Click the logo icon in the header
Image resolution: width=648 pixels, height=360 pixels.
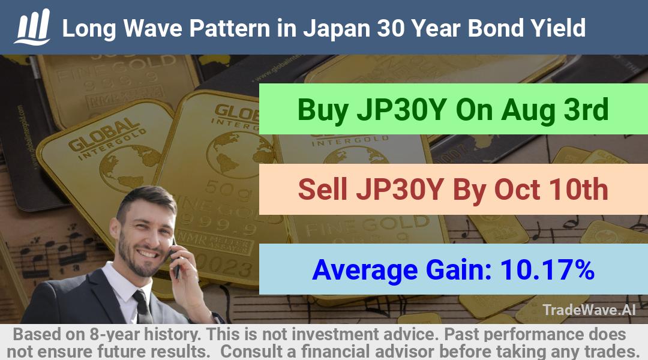click(32, 27)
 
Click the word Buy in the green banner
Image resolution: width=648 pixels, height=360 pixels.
click(322, 110)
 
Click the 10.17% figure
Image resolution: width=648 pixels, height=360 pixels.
click(547, 269)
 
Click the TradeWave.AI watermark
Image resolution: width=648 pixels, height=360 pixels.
click(589, 310)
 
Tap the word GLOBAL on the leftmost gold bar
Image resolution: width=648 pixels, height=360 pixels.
click(103, 134)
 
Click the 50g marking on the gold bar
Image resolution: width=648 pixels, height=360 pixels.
click(225, 188)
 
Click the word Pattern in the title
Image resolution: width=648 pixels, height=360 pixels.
click(229, 29)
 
